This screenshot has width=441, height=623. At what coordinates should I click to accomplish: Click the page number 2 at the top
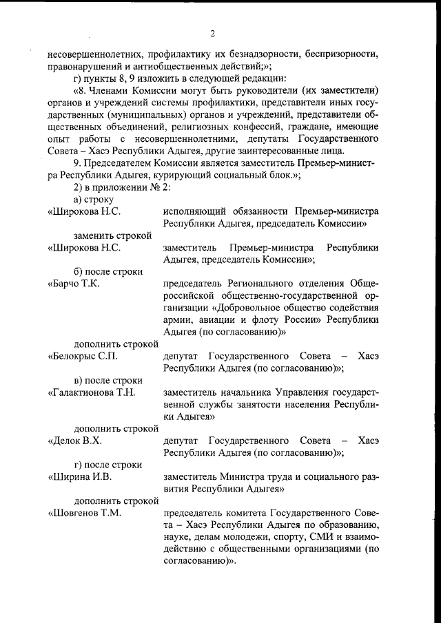(213, 34)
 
